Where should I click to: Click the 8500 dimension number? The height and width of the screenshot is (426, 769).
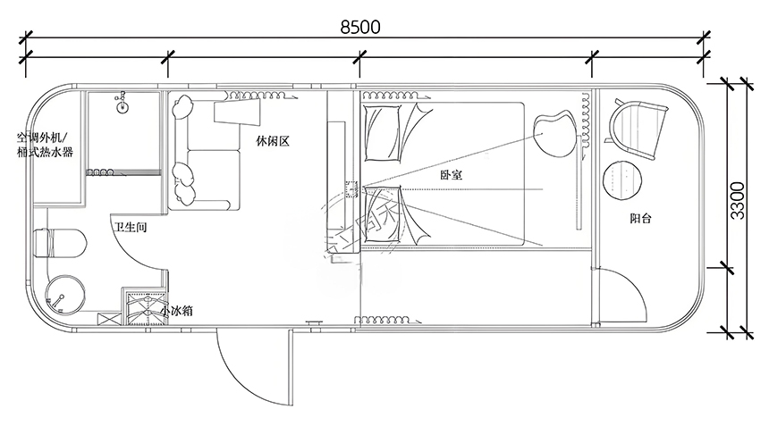[360, 26]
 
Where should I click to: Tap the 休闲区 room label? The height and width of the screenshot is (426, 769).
[273, 141]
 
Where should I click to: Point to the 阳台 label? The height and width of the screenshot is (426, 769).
[639, 216]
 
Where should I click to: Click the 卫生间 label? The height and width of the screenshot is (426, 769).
[131, 228]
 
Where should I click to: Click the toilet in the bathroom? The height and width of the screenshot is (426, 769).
[59, 243]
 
